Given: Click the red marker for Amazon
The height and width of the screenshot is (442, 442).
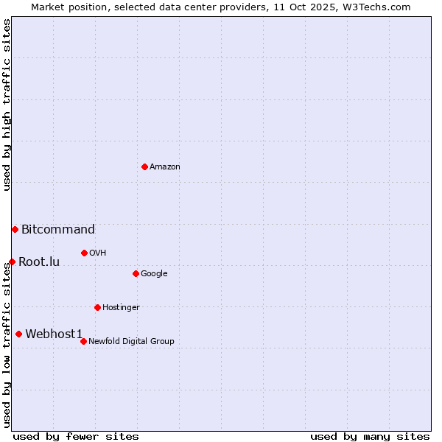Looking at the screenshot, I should pyautogui.click(x=144, y=166).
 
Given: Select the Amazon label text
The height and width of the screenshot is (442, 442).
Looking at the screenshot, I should pyautogui.click(x=165, y=167).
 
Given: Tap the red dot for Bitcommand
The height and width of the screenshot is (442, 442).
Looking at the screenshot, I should pyautogui.click(x=15, y=229).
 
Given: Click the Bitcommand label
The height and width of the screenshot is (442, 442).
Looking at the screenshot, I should pyautogui.click(x=58, y=230).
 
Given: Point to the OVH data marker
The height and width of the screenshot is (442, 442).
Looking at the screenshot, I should pyautogui.click(x=84, y=253).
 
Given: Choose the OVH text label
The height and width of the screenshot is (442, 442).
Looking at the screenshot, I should pyautogui.click(x=98, y=253).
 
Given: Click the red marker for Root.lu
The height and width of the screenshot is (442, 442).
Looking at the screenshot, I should pyautogui.click(x=12, y=262).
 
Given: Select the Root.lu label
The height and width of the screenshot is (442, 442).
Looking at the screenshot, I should pyautogui.click(x=39, y=262).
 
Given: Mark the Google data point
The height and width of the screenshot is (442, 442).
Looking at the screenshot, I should pyautogui.click(x=136, y=273).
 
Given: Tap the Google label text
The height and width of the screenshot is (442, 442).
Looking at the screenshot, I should pyautogui.click(x=154, y=274).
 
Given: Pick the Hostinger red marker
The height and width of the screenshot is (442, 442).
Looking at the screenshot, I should pyautogui.click(x=97, y=307).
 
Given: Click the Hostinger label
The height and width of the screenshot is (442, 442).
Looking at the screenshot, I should pyautogui.click(x=121, y=308).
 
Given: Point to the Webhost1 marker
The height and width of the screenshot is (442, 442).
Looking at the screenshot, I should pyautogui.click(x=18, y=334).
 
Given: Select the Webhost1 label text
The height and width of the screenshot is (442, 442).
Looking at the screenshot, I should pyautogui.click(x=54, y=334).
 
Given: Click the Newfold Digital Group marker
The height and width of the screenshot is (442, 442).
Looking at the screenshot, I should pyautogui.click(x=83, y=341).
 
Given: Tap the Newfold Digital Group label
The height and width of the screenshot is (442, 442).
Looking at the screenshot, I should pyautogui.click(x=131, y=342).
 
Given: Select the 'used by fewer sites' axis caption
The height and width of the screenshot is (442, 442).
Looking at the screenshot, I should pyautogui.click(x=76, y=436).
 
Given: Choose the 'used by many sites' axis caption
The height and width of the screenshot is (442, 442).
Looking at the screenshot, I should pyautogui.click(x=370, y=436).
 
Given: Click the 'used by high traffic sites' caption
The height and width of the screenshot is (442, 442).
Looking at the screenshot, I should pyautogui.click(x=7, y=105).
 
